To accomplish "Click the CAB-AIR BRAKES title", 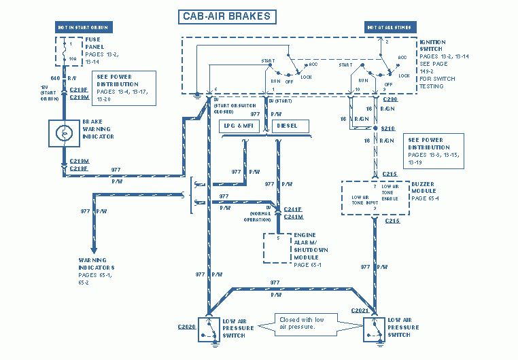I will coord(227,16).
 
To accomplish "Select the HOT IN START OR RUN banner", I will coord(82,27).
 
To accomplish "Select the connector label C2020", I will coord(187,327).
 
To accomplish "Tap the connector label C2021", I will coord(360,310).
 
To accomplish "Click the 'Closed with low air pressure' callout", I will coord(302,323).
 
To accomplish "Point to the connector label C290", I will coord(389,99).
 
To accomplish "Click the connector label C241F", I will coord(294,209).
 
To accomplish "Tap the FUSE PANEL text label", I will coord(96,43).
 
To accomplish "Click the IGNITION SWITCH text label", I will coord(433,46).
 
